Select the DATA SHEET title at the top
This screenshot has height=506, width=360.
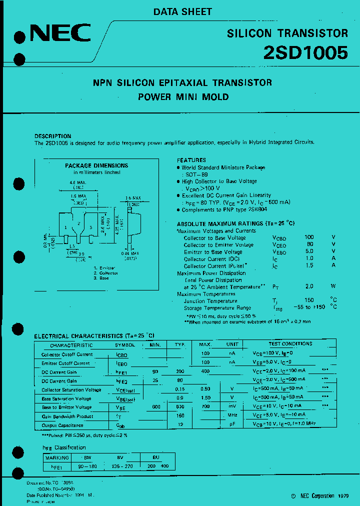click(x=182, y=11)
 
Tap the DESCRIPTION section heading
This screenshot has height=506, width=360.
click(x=52, y=136)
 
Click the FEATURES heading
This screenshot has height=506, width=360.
click(x=191, y=160)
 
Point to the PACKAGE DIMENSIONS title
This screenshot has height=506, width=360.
click(x=96, y=165)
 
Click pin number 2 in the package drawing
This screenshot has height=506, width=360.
click(x=79, y=224)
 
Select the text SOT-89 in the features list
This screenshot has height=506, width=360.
click(x=195, y=174)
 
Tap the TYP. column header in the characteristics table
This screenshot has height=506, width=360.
click(x=180, y=345)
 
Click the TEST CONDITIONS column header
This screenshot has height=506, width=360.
click(x=290, y=344)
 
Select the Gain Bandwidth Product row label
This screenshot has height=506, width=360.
click(x=67, y=416)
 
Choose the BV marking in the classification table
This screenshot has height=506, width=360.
click(x=120, y=457)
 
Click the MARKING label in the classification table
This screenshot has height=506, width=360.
click(x=56, y=457)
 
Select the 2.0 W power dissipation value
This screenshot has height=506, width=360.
click(x=309, y=287)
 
